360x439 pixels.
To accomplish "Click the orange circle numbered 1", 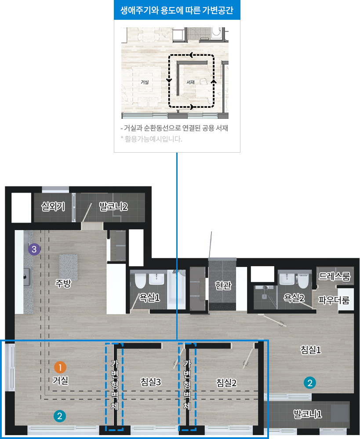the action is [x=60, y=367].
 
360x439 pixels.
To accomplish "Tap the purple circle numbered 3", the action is [x=34, y=249].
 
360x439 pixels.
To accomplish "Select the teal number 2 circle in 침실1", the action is [x=309, y=383].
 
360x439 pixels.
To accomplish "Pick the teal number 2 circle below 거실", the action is [x=60, y=416].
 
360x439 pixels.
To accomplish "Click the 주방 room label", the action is [x=63, y=283].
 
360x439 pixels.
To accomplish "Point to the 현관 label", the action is [x=223, y=285].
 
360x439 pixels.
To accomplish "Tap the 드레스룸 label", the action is [x=335, y=276].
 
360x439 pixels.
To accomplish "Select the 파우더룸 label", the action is [x=334, y=300].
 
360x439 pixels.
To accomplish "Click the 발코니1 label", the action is [x=308, y=414].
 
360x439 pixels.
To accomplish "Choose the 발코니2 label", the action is [x=113, y=207].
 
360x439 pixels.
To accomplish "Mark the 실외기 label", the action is [x=53, y=207].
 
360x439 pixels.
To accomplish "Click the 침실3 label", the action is [x=151, y=382].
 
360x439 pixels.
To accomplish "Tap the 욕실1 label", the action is [x=149, y=297].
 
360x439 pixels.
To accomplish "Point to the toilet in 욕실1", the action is [x=140, y=281].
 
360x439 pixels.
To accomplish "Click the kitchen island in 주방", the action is [x=69, y=267].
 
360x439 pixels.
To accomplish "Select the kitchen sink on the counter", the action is [x=26, y=277].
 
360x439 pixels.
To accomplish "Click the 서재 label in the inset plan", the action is [x=190, y=82].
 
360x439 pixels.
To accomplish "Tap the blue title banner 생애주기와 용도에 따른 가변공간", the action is [x=177, y=10].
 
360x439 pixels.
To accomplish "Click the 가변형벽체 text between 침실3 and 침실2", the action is [x=187, y=384].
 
